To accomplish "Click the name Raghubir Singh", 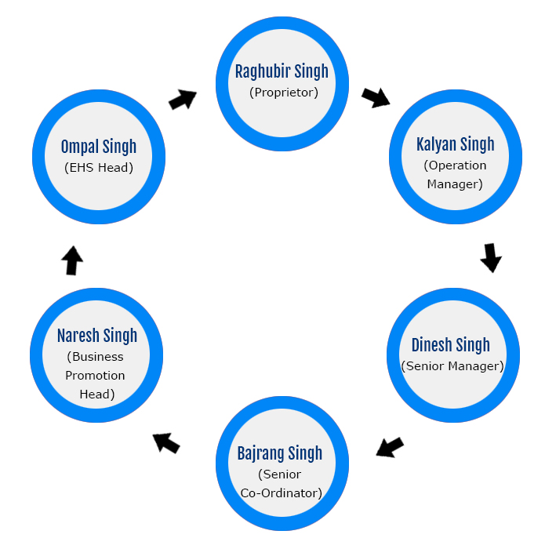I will [282, 72].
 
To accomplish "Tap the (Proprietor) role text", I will [283, 93].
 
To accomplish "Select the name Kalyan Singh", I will [455, 144].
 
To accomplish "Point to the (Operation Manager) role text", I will [455, 175].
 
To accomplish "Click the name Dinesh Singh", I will [450, 345].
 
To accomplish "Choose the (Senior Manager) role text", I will [452, 365].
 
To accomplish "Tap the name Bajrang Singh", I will [280, 453].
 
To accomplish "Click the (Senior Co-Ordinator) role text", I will [280, 483].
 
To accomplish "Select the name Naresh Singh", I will [97, 336].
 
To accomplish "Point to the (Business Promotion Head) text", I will [96, 375].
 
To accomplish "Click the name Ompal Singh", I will [99, 147].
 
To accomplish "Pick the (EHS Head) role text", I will [99, 167].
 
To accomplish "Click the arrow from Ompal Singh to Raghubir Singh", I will [183, 100].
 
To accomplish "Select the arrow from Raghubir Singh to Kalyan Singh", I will [376, 97].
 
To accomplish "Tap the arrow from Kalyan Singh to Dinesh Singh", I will [491, 257].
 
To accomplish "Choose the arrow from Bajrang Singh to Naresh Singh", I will [166, 443].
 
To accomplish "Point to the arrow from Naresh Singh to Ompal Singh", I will [72, 260].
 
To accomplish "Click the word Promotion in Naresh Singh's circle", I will [95, 375].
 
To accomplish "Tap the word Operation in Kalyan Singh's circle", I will [455, 165].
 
